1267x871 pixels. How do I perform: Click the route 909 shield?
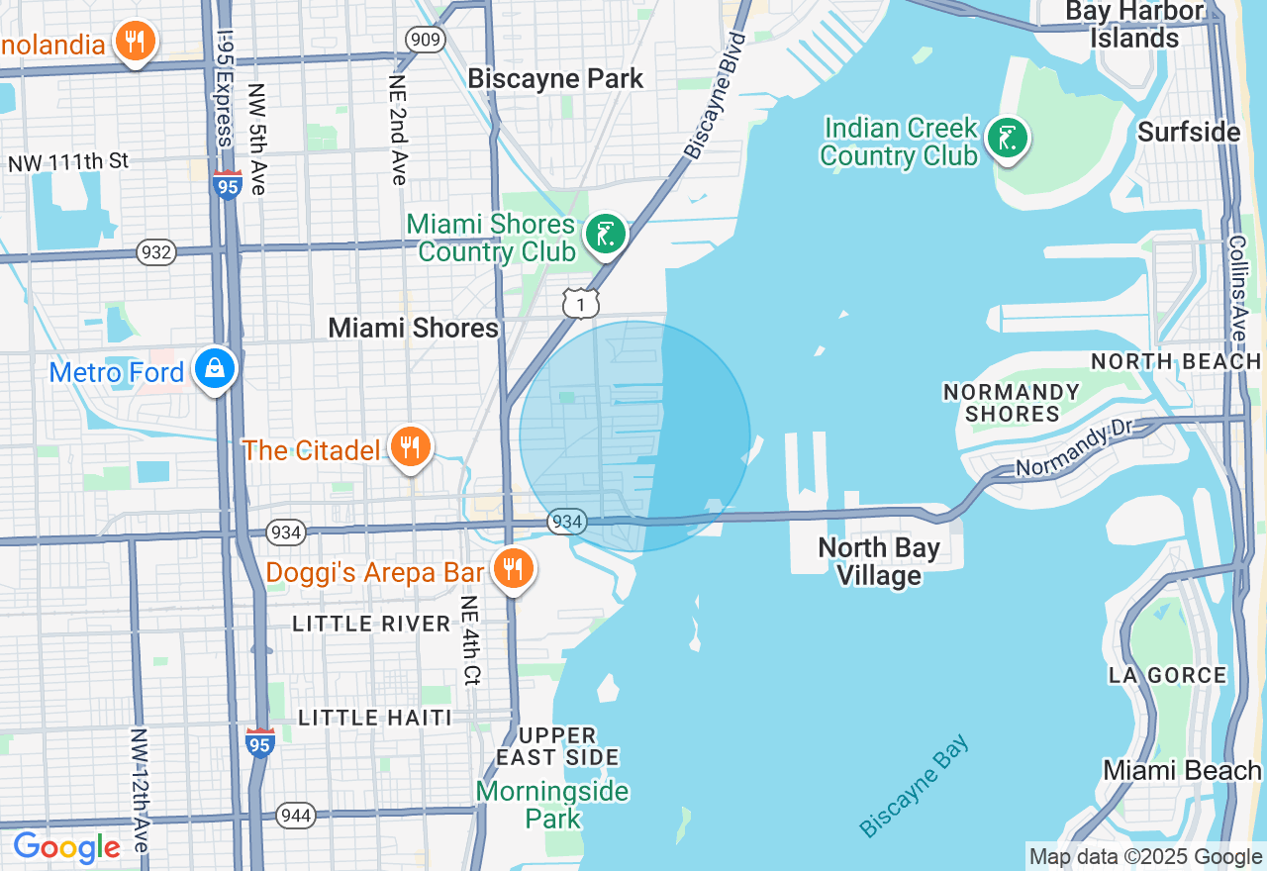(x=426, y=40)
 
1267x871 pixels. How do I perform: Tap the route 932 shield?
(x=157, y=252)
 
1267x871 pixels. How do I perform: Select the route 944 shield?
(x=296, y=816)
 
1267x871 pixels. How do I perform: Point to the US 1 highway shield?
(x=580, y=303)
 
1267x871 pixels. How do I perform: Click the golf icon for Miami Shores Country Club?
(x=605, y=236)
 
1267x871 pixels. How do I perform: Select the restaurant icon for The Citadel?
(x=410, y=447)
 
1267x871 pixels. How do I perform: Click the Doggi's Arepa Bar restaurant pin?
(x=513, y=569)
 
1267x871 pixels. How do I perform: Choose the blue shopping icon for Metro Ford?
(x=215, y=368)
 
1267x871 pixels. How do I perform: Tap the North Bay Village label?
(x=879, y=561)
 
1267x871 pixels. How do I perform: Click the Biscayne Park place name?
(x=555, y=79)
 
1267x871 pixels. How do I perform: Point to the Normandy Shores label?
(x=1011, y=403)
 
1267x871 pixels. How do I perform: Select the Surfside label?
(x=1188, y=133)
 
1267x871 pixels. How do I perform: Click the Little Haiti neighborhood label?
(x=375, y=718)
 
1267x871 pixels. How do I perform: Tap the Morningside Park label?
(x=551, y=805)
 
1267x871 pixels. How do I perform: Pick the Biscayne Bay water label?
(x=915, y=785)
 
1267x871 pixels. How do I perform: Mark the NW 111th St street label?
(x=68, y=161)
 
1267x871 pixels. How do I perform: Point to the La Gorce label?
(x=1167, y=676)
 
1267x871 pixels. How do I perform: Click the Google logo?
(x=66, y=847)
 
